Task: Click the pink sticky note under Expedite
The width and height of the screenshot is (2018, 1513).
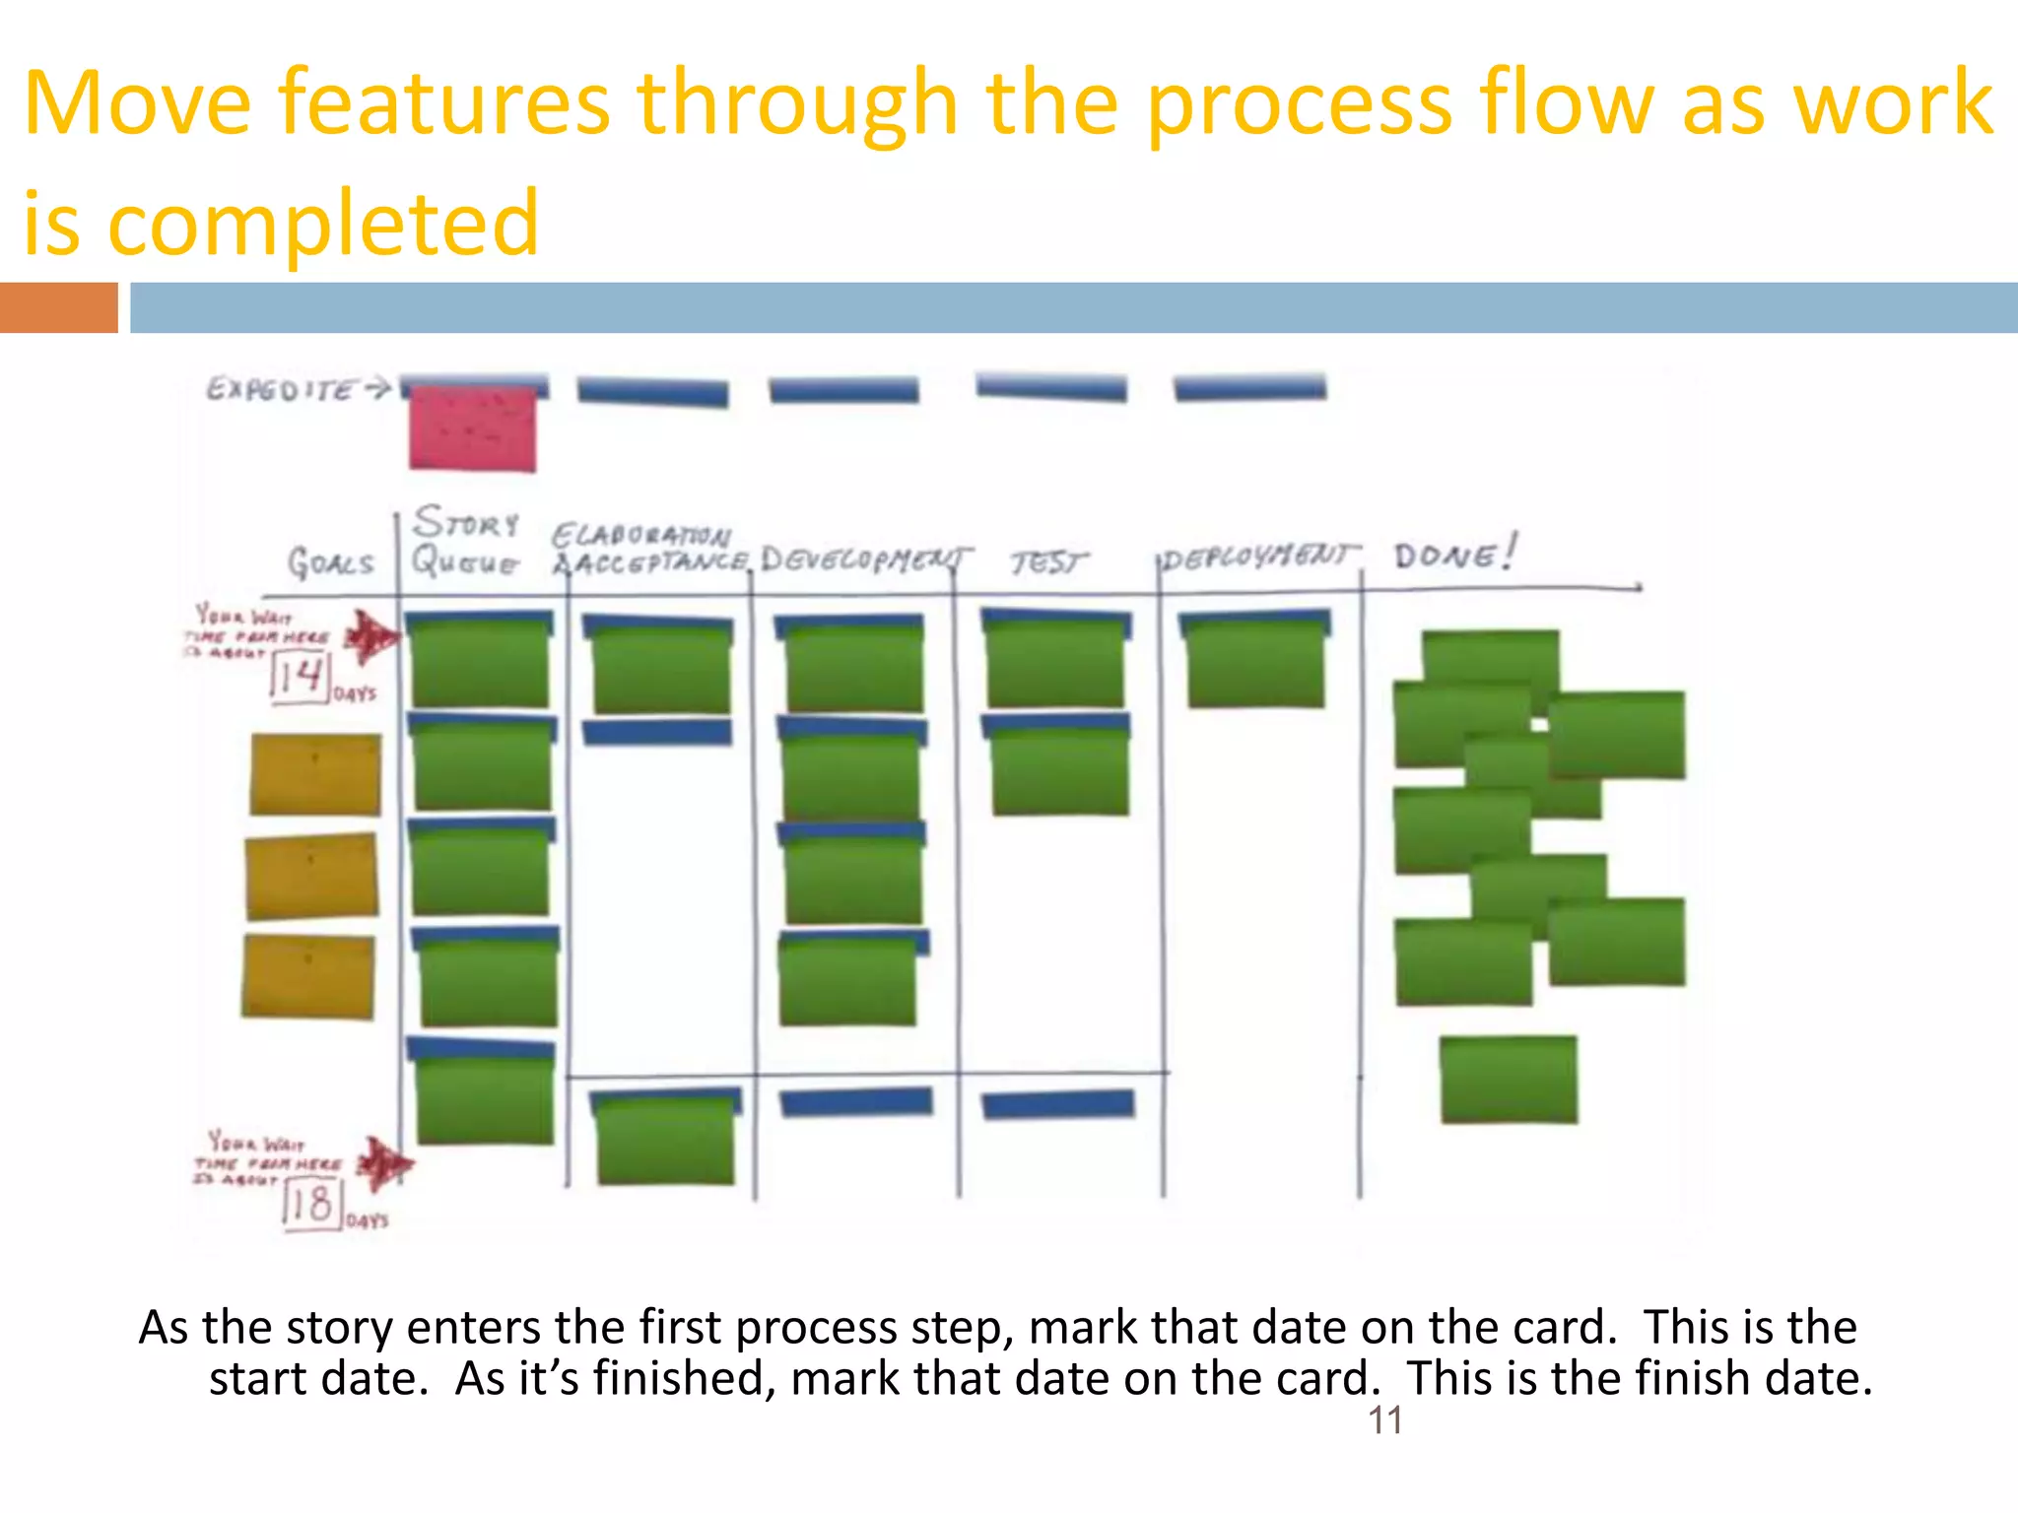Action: point(473,429)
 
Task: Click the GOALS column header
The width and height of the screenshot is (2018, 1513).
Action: point(330,562)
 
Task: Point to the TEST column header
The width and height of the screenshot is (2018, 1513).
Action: point(1048,562)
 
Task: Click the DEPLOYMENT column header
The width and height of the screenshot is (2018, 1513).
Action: point(1259,557)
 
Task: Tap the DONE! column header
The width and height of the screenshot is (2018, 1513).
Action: point(1454,556)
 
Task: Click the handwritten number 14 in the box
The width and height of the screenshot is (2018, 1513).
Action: point(300,677)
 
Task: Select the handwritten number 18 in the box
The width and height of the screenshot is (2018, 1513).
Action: point(310,1204)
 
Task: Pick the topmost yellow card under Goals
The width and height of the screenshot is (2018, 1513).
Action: point(315,774)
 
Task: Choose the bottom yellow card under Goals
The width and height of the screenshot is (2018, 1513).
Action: point(308,976)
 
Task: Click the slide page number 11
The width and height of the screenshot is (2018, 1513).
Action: point(1384,1420)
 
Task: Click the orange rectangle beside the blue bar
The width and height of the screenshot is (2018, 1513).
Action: point(58,307)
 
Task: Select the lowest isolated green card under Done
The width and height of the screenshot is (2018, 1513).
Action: point(1508,1080)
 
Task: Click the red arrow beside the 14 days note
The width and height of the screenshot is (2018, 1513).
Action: point(371,637)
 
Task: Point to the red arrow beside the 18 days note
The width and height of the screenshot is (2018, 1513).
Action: point(383,1163)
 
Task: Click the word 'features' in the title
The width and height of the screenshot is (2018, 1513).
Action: point(443,102)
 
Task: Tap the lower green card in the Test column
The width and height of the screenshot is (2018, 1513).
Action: point(1058,768)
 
